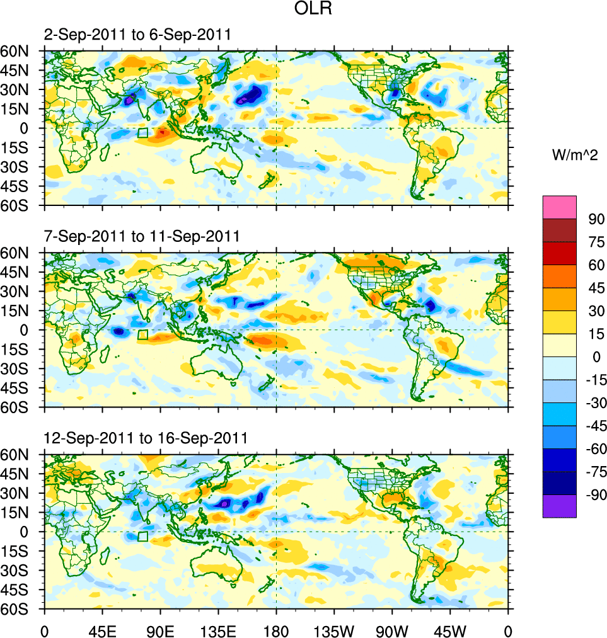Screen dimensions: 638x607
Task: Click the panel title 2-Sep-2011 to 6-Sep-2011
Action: point(137,35)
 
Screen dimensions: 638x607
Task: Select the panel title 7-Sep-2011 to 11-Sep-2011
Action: point(141,237)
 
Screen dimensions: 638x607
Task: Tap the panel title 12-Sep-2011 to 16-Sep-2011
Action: point(145,438)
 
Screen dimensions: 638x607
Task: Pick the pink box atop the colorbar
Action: point(559,207)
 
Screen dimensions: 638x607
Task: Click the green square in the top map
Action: point(142,133)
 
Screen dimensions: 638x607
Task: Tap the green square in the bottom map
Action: point(142,536)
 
